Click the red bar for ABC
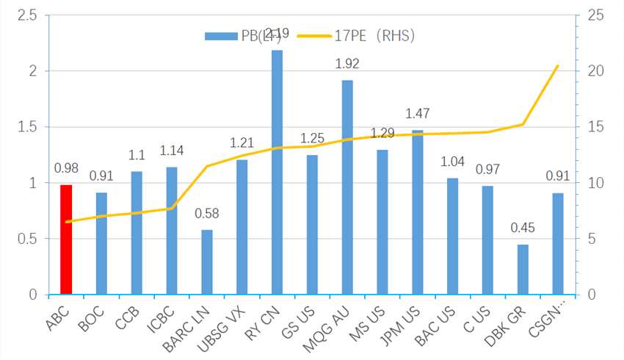coord(66,240)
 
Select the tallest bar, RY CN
coord(277,173)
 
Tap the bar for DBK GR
coord(523,270)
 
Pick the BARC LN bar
coord(207,262)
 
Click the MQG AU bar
coord(347,187)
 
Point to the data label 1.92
coord(347,64)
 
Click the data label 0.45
coord(523,228)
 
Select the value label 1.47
coord(417,114)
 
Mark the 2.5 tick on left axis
coord(28,15)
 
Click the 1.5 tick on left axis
coord(28,127)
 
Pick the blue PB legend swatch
coord(218,35)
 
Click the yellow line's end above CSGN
coord(558,65)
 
